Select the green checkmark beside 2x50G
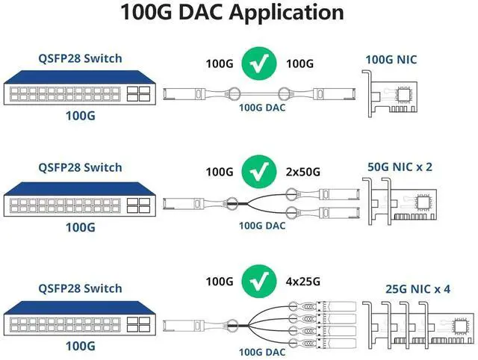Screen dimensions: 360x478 (259, 171)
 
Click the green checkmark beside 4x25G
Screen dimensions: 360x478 (259, 282)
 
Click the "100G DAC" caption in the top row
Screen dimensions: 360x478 (261, 107)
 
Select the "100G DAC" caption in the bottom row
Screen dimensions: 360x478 (261, 351)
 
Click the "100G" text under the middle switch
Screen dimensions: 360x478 (81, 226)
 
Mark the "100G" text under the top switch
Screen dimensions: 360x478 (81, 117)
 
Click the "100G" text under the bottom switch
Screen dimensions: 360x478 (81, 345)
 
